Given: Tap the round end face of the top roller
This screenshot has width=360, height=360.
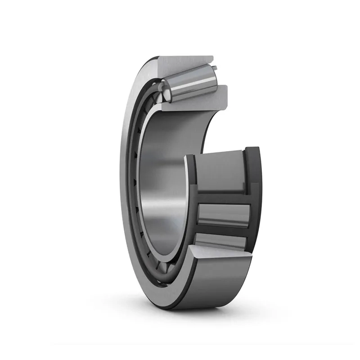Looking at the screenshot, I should (167, 93).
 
